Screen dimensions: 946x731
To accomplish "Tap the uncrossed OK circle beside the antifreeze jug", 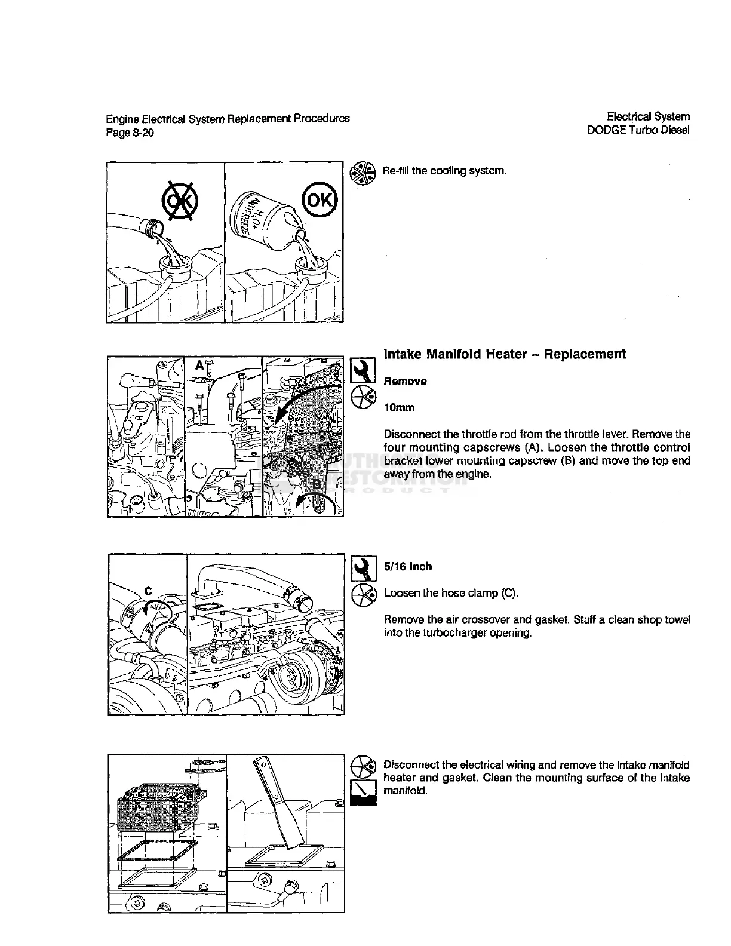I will [320, 199].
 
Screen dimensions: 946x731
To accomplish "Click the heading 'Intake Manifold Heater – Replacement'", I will [505, 354].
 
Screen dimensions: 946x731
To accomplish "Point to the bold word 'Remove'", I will [405, 381].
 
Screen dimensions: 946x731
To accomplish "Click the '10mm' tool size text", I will [399, 408].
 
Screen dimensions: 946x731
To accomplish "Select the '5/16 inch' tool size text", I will [407, 566].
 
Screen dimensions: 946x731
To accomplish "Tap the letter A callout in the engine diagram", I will [200, 364].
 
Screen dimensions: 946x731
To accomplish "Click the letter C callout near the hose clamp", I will [148, 591].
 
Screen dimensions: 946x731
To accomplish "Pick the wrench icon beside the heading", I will [363, 370].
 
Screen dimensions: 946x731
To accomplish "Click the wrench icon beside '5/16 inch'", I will [363, 568].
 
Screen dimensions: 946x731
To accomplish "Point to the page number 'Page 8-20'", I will [130, 133].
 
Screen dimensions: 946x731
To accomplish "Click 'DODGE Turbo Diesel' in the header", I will [638, 130].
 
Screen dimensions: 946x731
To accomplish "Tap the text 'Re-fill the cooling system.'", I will [444, 171].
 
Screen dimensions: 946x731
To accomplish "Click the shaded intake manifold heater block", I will [160, 806].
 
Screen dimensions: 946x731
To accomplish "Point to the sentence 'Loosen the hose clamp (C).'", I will [451, 593].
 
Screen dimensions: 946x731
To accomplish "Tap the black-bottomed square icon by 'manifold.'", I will [363, 794].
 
